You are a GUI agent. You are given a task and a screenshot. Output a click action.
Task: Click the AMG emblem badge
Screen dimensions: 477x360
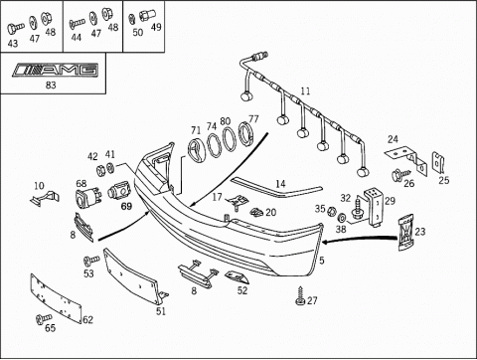click(x=56, y=70)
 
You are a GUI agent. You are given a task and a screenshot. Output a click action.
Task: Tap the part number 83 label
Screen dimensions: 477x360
click(x=51, y=86)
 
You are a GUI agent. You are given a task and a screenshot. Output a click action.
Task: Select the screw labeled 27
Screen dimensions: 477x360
click(x=300, y=295)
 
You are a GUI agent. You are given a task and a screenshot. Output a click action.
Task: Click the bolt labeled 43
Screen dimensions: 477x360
click(x=15, y=28)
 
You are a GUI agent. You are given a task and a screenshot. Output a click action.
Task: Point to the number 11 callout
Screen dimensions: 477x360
click(x=305, y=90)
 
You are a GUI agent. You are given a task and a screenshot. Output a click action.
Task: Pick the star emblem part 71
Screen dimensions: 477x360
click(x=197, y=149)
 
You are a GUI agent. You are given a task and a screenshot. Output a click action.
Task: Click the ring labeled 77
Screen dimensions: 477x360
click(x=246, y=134)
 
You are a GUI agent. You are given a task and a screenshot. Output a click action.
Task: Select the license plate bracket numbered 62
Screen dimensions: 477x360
click(x=56, y=298)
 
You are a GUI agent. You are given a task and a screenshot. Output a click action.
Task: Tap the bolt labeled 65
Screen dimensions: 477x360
click(x=43, y=319)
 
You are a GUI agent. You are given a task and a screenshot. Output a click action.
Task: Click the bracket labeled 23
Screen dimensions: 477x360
click(x=405, y=233)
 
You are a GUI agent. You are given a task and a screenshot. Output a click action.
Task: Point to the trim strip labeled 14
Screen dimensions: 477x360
click(x=276, y=187)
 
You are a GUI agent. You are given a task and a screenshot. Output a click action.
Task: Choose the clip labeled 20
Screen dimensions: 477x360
click(x=256, y=212)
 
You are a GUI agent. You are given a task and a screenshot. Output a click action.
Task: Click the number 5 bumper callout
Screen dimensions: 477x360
click(x=322, y=261)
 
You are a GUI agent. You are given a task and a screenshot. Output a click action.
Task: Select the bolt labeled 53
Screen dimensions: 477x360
click(x=91, y=261)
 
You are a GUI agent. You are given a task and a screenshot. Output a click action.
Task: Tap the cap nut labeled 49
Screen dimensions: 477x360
click(x=145, y=16)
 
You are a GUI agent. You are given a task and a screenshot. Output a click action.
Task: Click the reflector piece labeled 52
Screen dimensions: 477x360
click(x=238, y=276)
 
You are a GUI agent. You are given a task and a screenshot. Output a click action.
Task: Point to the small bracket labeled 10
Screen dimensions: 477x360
click(x=45, y=199)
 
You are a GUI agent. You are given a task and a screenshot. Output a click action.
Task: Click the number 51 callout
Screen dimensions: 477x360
click(x=161, y=311)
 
